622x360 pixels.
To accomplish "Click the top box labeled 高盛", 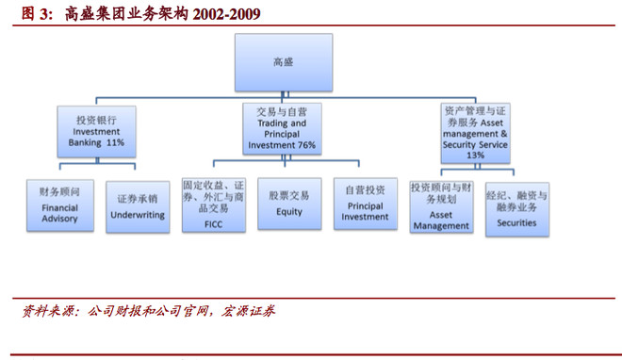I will pyautogui.click(x=283, y=62).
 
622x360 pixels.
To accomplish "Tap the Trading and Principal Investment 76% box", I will pyautogui.click(x=282, y=129).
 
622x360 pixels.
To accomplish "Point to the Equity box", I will pyautogui.click(x=288, y=204).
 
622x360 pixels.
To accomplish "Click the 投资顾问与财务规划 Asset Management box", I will pyautogui.click(x=441, y=205).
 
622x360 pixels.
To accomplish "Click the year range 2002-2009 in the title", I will pyautogui.click(x=226, y=14).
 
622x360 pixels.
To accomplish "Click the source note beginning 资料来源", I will pyautogui.click(x=151, y=311).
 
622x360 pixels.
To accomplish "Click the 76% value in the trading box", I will pyautogui.click(x=306, y=146).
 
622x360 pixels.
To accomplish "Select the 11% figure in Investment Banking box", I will pyautogui.click(x=115, y=142).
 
